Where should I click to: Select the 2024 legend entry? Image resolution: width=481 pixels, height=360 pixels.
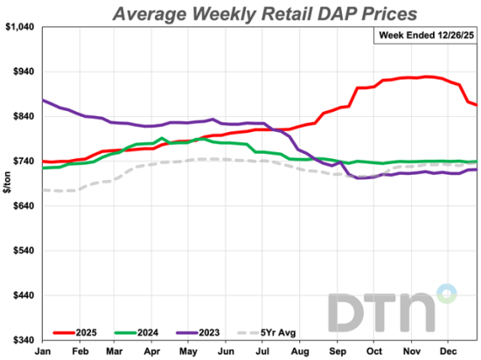click(x=143, y=332)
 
